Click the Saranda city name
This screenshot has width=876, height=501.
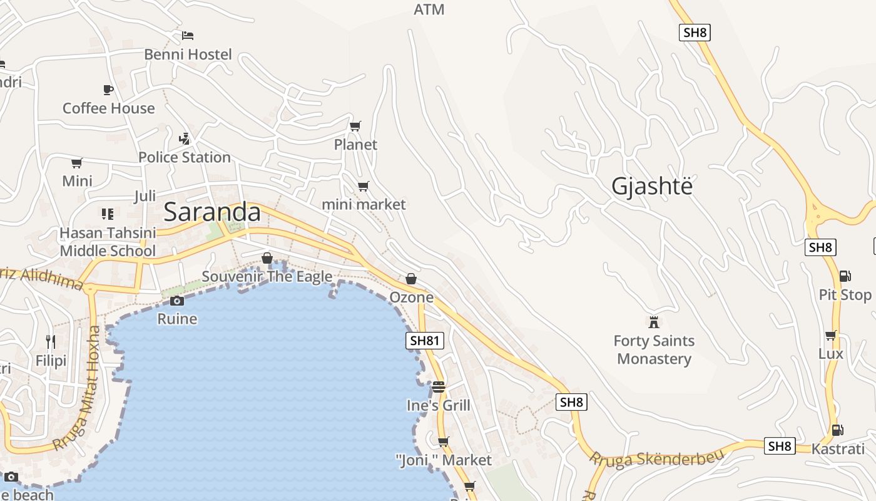click(212, 212)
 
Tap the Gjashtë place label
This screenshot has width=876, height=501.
click(652, 186)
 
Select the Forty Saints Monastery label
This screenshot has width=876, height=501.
click(654, 349)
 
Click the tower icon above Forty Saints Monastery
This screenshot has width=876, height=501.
click(654, 323)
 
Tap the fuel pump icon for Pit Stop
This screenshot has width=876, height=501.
click(845, 276)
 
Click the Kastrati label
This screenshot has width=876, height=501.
click(838, 448)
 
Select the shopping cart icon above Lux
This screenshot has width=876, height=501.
click(830, 336)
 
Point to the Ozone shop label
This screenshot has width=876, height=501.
click(411, 297)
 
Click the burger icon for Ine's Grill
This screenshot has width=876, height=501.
click(438, 386)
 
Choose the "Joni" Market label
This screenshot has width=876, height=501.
click(444, 460)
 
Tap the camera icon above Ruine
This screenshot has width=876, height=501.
click(177, 301)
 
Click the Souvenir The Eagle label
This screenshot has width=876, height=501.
click(267, 276)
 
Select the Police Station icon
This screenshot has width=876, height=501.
click(184, 138)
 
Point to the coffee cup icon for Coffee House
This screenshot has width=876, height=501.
click(108, 90)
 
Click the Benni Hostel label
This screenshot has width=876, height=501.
click(188, 54)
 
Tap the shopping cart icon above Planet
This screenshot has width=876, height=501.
click(355, 126)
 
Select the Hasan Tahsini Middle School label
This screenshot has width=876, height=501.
click(108, 242)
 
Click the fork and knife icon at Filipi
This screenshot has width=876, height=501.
click(51, 341)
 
